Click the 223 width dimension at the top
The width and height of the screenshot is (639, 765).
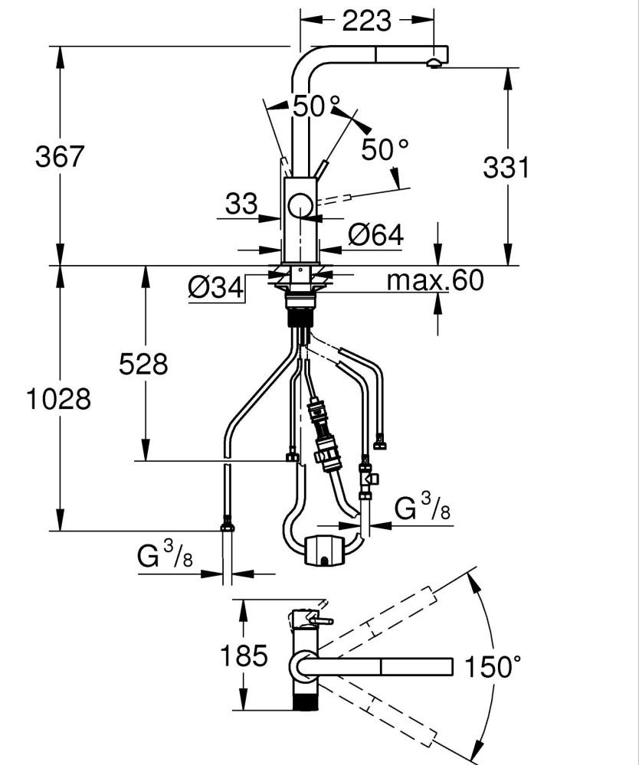pyautogui.click(x=366, y=21)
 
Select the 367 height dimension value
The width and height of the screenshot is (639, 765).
pyautogui.click(x=60, y=156)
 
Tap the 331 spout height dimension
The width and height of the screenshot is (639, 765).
pyautogui.click(x=506, y=168)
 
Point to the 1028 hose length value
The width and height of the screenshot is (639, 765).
pyautogui.click(x=58, y=399)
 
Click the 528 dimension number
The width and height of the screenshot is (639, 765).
pyautogui.click(x=143, y=364)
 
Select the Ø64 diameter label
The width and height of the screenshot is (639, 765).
pyautogui.click(x=376, y=234)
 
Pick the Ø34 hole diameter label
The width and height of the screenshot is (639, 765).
pyautogui.click(x=216, y=287)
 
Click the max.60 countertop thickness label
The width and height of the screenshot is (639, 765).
pyautogui.click(x=435, y=280)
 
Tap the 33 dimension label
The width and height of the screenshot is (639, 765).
pyautogui.click(x=241, y=204)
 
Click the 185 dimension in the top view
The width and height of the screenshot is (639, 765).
pyautogui.click(x=244, y=655)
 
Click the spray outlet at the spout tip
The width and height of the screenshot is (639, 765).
pyautogui.click(x=434, y=63)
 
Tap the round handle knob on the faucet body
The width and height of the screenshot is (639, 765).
pyautogui.click(x=300, y=206)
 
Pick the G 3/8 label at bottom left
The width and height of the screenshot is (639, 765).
pyautogui.click(x=165, y=554)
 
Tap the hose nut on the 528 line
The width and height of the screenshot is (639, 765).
pyautogui.click(x=292, y=456)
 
